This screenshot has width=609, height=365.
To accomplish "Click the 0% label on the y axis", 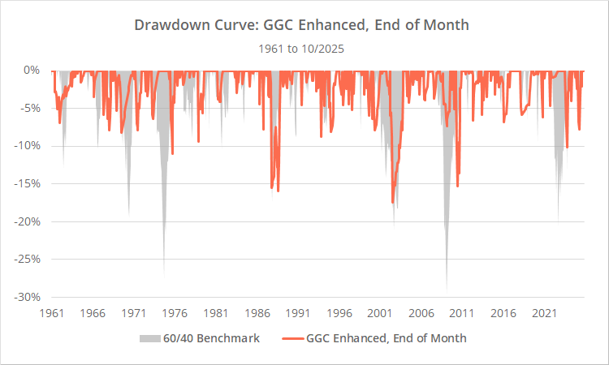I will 32,71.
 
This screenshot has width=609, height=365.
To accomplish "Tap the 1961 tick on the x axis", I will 52,312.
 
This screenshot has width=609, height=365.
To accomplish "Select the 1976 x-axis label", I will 175,312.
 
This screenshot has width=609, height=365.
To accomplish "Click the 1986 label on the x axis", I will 257,312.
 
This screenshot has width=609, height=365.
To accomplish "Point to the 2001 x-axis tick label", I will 380,312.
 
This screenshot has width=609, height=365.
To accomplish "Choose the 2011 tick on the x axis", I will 462,312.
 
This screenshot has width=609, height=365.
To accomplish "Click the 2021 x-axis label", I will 544,312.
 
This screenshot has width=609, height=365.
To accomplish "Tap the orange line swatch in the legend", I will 291,338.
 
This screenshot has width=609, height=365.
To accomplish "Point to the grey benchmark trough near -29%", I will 446,289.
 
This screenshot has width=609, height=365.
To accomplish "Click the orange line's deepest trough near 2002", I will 392,203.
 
